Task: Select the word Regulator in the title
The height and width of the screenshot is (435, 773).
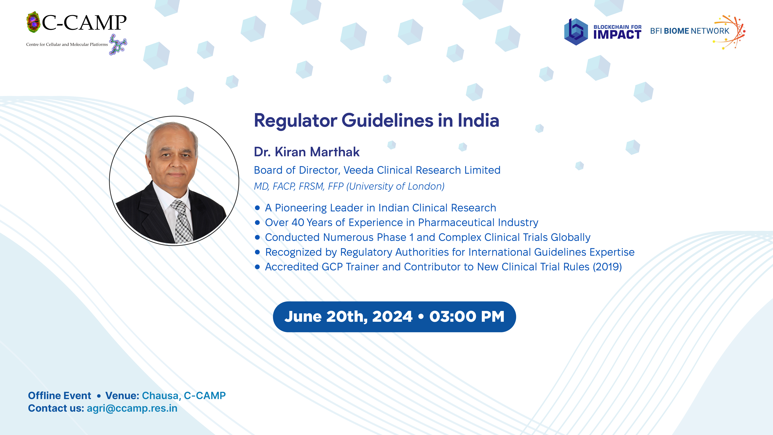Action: [x=296, y=121]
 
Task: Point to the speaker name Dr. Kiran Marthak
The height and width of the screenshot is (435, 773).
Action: [x=307, y=152]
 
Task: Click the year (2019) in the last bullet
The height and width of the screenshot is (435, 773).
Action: [x=607, y=267]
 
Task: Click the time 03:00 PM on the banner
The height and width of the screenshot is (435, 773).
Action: [x=467, y=317]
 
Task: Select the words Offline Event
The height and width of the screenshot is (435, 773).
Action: [x=59, y=396]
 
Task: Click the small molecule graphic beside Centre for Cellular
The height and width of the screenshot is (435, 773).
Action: [x=118, y=45]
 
